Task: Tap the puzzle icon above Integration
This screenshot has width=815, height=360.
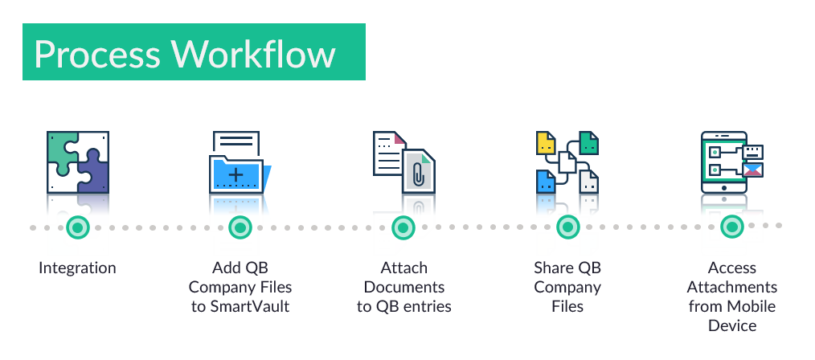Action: tap(77, 162)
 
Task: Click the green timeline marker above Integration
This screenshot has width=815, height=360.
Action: tap(78, 227)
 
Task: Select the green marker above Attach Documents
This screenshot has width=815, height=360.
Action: tap(403, 227)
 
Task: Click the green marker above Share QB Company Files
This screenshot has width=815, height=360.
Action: tap(567, 227)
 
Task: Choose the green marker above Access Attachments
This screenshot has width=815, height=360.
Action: tap(731, 227)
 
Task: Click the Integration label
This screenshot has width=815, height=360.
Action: tap(77, 268)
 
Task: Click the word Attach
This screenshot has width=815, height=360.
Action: tap(403, 268)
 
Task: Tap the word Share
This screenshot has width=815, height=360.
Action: tap(554, 268)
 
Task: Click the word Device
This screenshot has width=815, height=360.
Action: tap(731, 325)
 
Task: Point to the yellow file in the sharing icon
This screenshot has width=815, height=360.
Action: tap(547, 144)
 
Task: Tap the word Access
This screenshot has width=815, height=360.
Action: tap(731, 268)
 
